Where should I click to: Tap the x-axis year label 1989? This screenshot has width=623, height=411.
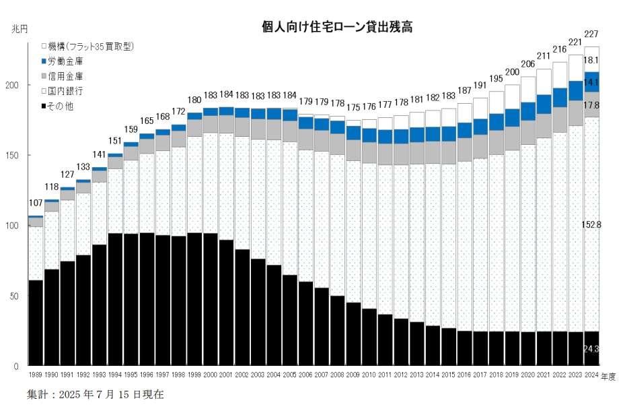coord(36,375)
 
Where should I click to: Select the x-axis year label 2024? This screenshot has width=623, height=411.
coord(592,375)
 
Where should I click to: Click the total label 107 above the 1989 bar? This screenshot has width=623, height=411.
coord(36,203)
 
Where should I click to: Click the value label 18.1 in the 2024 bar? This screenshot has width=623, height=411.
coord(592,60)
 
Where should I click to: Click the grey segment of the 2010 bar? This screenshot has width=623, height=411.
coord(369,152)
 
